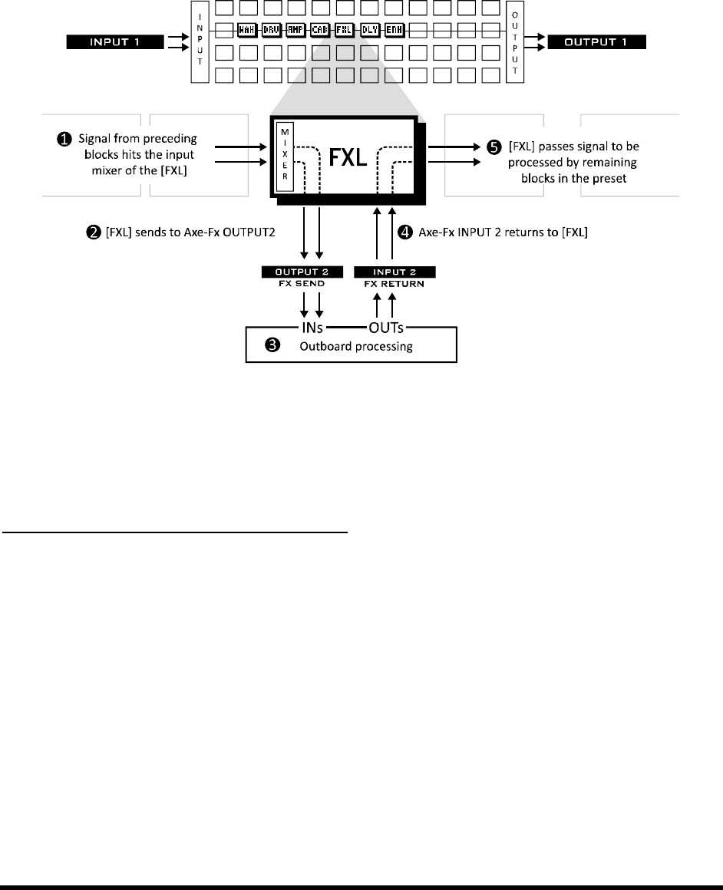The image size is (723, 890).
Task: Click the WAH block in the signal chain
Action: coord(246,31)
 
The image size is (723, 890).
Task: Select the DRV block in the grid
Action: coord(271,31)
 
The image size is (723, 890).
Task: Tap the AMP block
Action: coord(295,31)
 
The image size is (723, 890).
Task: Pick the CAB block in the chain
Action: coord(320,31)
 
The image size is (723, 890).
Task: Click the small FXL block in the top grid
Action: coord(345,31)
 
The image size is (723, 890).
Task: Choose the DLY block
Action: coord(369,31)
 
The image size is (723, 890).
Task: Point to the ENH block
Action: coord(394,31)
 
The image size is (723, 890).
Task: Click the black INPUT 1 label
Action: coord(116,41)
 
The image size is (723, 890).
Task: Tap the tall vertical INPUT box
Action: coord(201,41)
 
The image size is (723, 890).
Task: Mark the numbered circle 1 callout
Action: coord(65,140)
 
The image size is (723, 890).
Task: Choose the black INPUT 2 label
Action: coord(395,272)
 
